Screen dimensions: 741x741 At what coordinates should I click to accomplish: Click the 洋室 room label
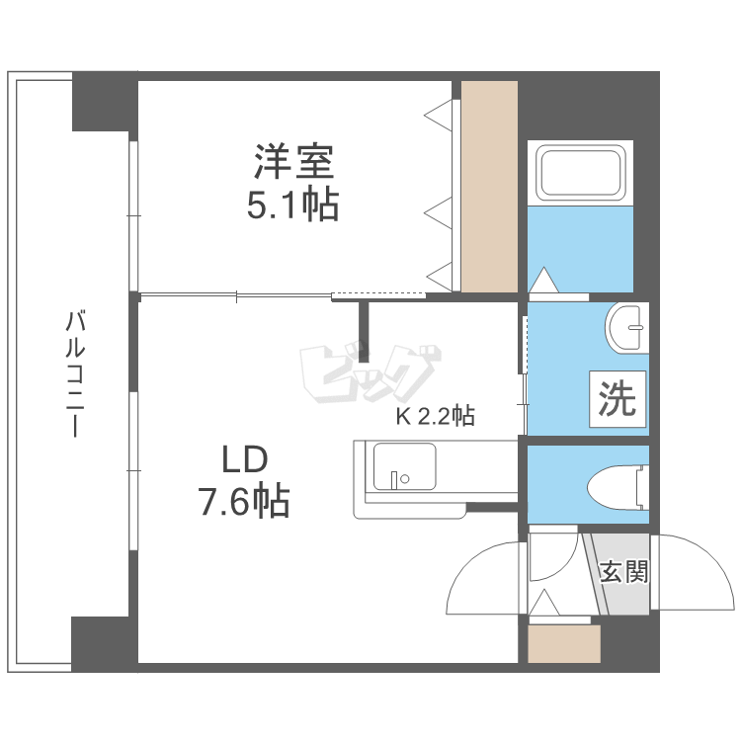click(x=294, y=162)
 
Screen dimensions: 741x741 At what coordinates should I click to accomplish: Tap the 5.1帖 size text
click(x=293, y=205)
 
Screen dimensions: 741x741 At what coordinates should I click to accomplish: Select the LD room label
click(x=245, y=459)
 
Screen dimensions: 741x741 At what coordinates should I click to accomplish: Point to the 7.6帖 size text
click(x=243, y=501)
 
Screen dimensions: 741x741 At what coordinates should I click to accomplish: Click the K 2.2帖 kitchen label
click(x=436, y=416)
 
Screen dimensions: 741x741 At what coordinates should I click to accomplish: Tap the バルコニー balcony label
click(x=75, y=373)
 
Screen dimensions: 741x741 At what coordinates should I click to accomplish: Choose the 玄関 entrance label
click(x=623, y=571)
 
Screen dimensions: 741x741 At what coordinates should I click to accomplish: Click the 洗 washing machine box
click(x=617, y=399)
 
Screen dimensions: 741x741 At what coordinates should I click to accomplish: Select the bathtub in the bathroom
click(x=580, y=173)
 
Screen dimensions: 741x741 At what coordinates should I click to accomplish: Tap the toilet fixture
click(x=617, y=487)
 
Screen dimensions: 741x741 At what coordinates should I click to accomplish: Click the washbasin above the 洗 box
click(x=626, y=327)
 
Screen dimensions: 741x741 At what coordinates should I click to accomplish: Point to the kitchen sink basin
click(x=404, y=466)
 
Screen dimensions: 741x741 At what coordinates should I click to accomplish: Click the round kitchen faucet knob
click(x=404, y=479)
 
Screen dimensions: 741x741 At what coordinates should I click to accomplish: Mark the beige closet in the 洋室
click(x=489, y=187)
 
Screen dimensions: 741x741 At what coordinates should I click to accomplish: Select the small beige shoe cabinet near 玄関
click(x=564, y=643)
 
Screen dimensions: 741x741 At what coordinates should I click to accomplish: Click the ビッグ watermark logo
click(x=370, y=373)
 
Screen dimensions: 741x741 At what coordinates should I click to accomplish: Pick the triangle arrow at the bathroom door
click(x=544, y=280)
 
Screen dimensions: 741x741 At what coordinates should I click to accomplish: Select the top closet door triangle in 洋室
click(x=438, y=115)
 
